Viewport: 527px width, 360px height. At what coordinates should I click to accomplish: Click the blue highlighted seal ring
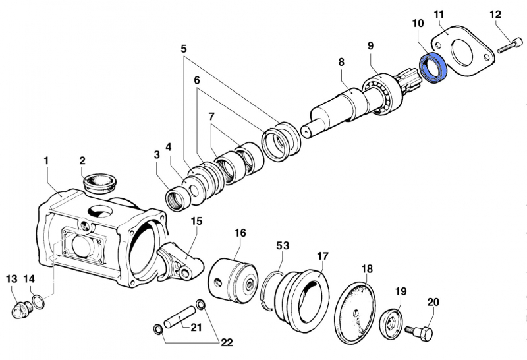click(x=434, y=69)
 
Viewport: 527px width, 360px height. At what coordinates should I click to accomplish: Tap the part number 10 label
click(x=418, y=24)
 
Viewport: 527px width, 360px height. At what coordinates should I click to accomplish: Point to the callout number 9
click(x=370, y=45)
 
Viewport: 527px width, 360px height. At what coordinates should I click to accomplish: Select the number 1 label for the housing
click(x=46, y=160)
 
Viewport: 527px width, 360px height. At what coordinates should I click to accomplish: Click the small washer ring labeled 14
click(x=39, y=302)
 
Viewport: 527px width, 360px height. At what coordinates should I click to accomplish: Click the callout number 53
click(x=283, y=246)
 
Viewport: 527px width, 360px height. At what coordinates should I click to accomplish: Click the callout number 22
click(x=226, y=342)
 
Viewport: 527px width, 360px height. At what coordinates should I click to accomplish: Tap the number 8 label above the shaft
click(x=341, y=63)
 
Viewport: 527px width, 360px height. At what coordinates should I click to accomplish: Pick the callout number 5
click(x=183, y=49)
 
